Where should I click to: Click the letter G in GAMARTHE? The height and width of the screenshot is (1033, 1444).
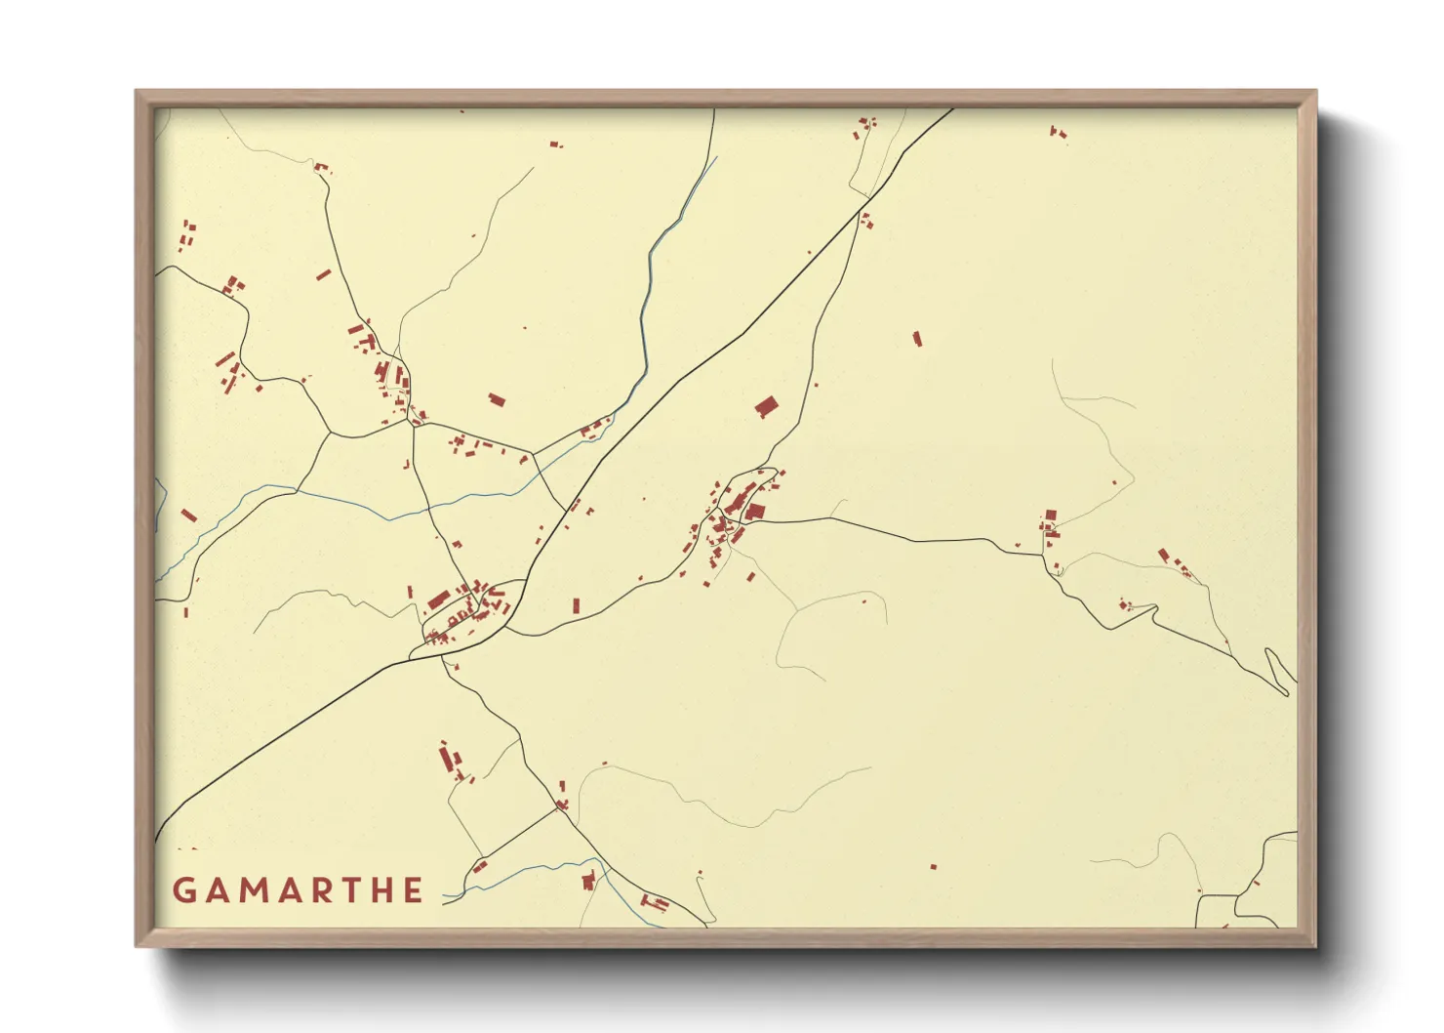[x=183, y=890]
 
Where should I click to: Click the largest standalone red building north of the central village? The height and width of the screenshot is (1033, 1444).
[x=767, y=406]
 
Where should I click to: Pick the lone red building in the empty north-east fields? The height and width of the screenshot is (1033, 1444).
[x=917, y=339]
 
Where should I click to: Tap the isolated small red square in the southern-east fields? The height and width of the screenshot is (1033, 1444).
[x=933, y=866]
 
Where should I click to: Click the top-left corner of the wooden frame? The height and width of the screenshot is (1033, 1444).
[x=137, y=92]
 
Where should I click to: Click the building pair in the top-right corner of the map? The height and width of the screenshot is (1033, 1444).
[x=1057, y=131]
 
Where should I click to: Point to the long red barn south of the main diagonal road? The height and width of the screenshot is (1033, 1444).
[x=449, y=759]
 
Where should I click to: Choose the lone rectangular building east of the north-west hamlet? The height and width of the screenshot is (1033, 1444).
[x=497, y=399]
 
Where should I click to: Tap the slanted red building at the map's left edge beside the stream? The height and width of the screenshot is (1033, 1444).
[x=188, y=515]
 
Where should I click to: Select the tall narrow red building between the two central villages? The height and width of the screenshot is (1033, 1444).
[x=576, y=605]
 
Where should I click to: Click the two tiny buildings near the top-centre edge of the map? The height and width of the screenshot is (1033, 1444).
[x=555, y=145]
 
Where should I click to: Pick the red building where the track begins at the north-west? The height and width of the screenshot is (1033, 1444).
[x=321, y=167]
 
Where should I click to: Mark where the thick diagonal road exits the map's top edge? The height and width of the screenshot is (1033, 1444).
[x=952, y=109]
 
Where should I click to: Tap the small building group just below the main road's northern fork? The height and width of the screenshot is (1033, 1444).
[x=865, y=222]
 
